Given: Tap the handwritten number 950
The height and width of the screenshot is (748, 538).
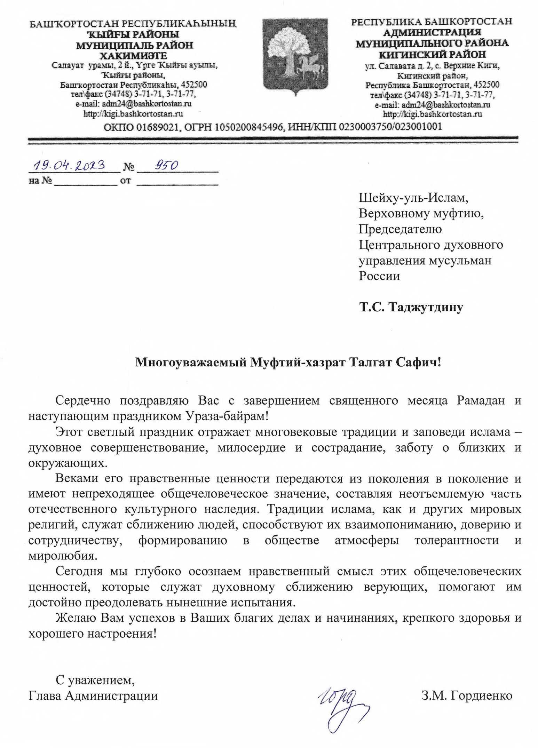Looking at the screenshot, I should pos(162,166).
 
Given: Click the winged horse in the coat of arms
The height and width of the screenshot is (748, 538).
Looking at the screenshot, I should pos(309,66).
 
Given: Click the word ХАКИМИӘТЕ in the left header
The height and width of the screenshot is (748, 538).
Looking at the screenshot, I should pos(134,55).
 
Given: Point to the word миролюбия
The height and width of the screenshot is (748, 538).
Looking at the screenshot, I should pos(61,556).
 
